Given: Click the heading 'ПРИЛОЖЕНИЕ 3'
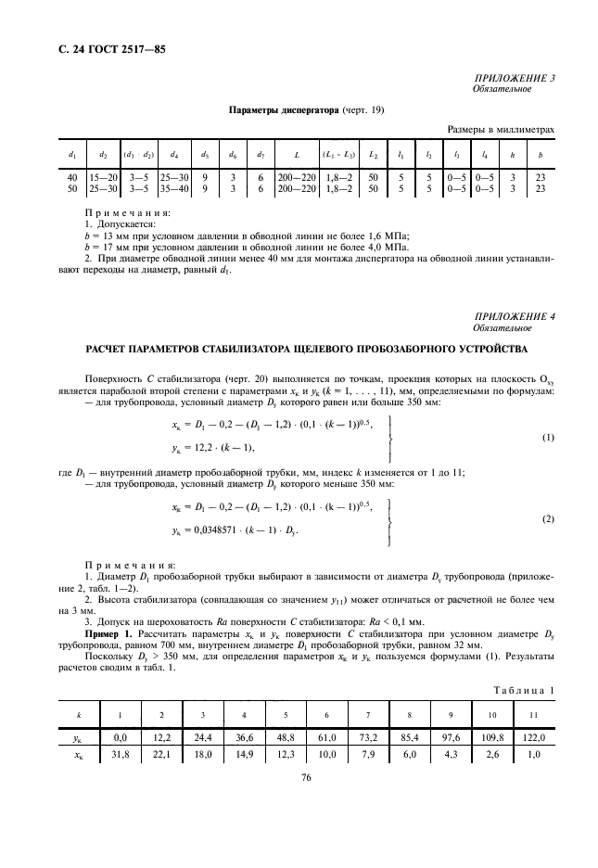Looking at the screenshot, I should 515,79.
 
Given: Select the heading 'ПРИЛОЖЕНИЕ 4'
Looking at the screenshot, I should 515,317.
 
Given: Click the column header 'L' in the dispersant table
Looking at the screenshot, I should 295,152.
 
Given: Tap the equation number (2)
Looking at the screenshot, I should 548,520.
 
